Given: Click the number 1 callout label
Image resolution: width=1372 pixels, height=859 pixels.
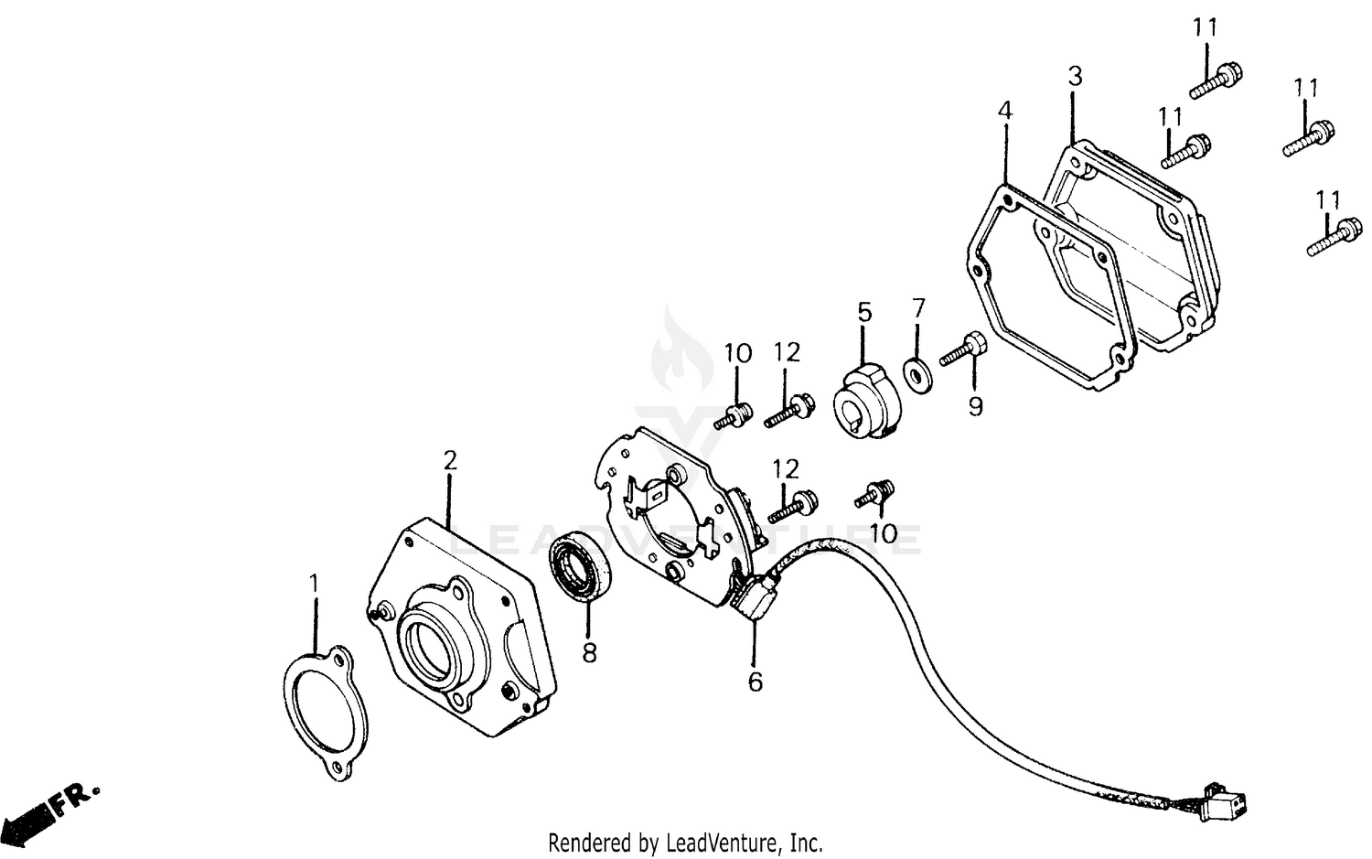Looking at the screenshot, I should coord(314,583).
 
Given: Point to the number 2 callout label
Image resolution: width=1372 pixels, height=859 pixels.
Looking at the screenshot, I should coord(449,460).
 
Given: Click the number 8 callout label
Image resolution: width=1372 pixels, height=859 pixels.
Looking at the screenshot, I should coord(589,653).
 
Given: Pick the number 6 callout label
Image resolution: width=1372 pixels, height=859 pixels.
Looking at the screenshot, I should coord(755,682).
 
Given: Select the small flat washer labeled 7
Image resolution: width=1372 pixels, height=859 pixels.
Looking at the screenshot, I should coord(916,372).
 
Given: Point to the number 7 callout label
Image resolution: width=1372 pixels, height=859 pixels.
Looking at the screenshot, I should coord(919,307).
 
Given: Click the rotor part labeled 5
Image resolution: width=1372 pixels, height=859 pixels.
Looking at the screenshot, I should coord(865,401).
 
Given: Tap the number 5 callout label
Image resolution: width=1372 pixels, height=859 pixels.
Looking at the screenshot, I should coord(864,312).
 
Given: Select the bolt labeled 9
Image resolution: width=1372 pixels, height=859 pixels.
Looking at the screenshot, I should coord(960,350).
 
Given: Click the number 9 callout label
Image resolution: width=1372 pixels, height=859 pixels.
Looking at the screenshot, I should coord(975,406).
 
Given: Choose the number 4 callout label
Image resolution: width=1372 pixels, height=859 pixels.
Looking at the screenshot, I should coord(1005,111).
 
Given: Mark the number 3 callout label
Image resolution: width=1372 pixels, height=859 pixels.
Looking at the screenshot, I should coord(1075,76).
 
